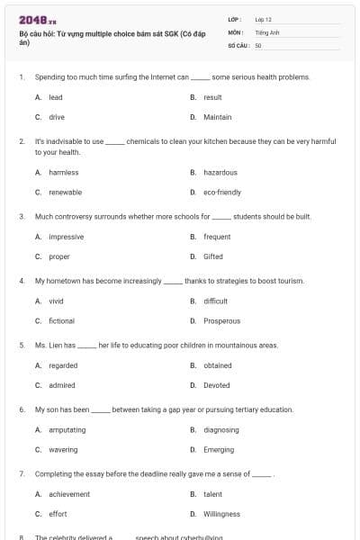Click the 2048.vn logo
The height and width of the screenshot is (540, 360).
[x=38, y=20]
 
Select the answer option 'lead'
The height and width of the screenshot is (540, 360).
[x=55, y=97]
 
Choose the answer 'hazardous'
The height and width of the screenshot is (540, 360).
[x=220, y=172]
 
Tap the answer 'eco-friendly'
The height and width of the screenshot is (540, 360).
[x=222, y=192]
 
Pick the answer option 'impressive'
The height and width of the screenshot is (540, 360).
[x=66, y=237]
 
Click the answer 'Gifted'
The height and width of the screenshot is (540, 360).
[x=213, y=256]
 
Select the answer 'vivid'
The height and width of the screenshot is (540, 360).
[x=56, y=301]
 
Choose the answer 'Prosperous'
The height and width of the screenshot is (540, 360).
[x=221, y=320]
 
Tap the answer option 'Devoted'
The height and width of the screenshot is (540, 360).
[x=217, y=385]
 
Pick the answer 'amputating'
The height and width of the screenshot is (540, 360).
[x=68, y=430]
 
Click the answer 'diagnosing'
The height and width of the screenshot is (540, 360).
[x=221, y=430]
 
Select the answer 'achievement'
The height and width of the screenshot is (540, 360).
[x=69, y=494]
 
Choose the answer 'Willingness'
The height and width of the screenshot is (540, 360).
[x=221, y=514]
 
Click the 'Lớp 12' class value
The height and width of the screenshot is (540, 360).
[x=263, y=19]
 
